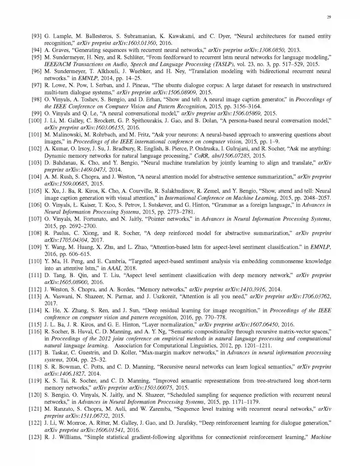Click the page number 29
click(329, 17)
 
